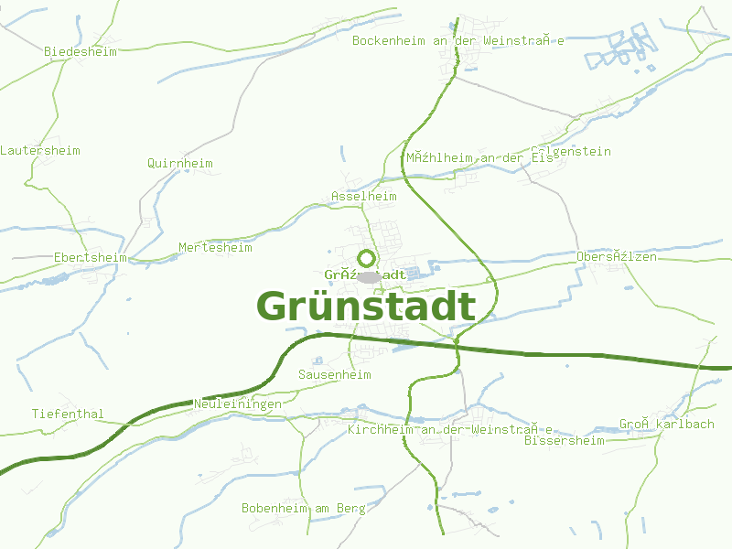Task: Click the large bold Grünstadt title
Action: point(366,307)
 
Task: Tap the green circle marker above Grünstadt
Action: point(367,258)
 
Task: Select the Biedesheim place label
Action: point(81,52)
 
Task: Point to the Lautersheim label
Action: point(40,151)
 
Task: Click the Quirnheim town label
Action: point(179,164)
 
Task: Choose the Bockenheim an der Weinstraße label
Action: point(457,41)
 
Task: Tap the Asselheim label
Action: point(364,197)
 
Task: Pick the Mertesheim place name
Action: point(215,248)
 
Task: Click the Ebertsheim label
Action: point(90,257)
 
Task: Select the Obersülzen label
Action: point(617,257)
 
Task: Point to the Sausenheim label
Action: point(334,375)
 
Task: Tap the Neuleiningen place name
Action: point(238,404)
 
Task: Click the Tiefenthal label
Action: point(68,414)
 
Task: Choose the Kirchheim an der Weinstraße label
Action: point(450,429)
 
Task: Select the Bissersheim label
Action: point(565,441)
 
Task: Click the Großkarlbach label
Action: point(653,425)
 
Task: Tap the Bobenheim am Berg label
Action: point(303,508)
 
